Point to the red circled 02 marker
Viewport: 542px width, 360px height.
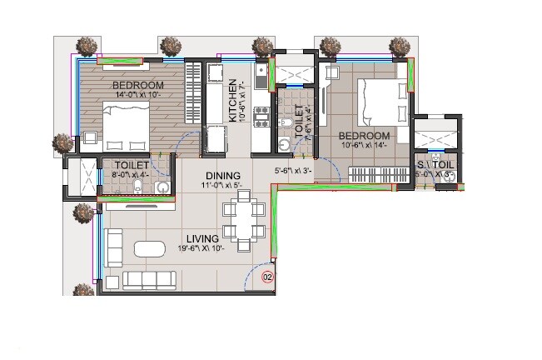click(268, 276)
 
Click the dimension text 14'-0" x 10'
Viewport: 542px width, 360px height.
click(137, 95)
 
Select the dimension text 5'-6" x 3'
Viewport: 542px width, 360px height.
click(293, 172)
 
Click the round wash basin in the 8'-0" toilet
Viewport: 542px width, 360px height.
click(161, 187)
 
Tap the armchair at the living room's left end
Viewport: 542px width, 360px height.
click(112, 240)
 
